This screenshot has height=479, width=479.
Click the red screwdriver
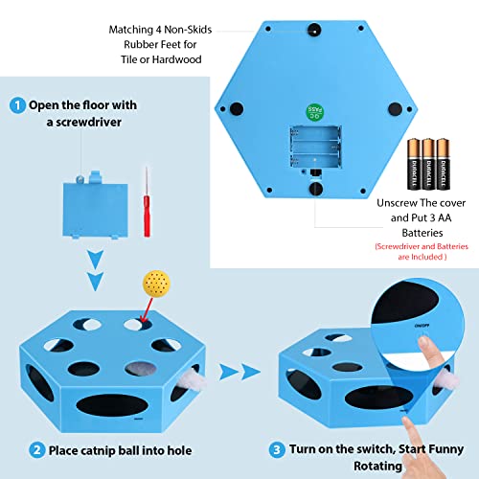coord(147,204)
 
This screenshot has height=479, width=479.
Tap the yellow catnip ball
coord(156,284)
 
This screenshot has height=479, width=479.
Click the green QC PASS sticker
coord(315,112)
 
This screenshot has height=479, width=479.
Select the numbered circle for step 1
coord(17,105)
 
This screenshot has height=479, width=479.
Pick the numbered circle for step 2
coord(37,450)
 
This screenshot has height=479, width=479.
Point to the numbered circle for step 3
coord(277,450)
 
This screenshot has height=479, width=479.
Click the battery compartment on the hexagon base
coord(315,147)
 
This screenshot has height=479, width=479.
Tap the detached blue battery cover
coord(95,206)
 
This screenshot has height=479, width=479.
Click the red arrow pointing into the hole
coord(147,309)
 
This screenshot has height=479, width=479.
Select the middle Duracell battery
coord(428,164)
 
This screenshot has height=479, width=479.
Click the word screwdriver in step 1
coord(88,123)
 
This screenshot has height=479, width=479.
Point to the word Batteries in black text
coord(422,233)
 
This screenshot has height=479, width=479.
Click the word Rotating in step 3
coord(377,466)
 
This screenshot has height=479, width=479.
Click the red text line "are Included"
coord(422,257)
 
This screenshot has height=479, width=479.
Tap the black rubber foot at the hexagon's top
coord(314,30)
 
